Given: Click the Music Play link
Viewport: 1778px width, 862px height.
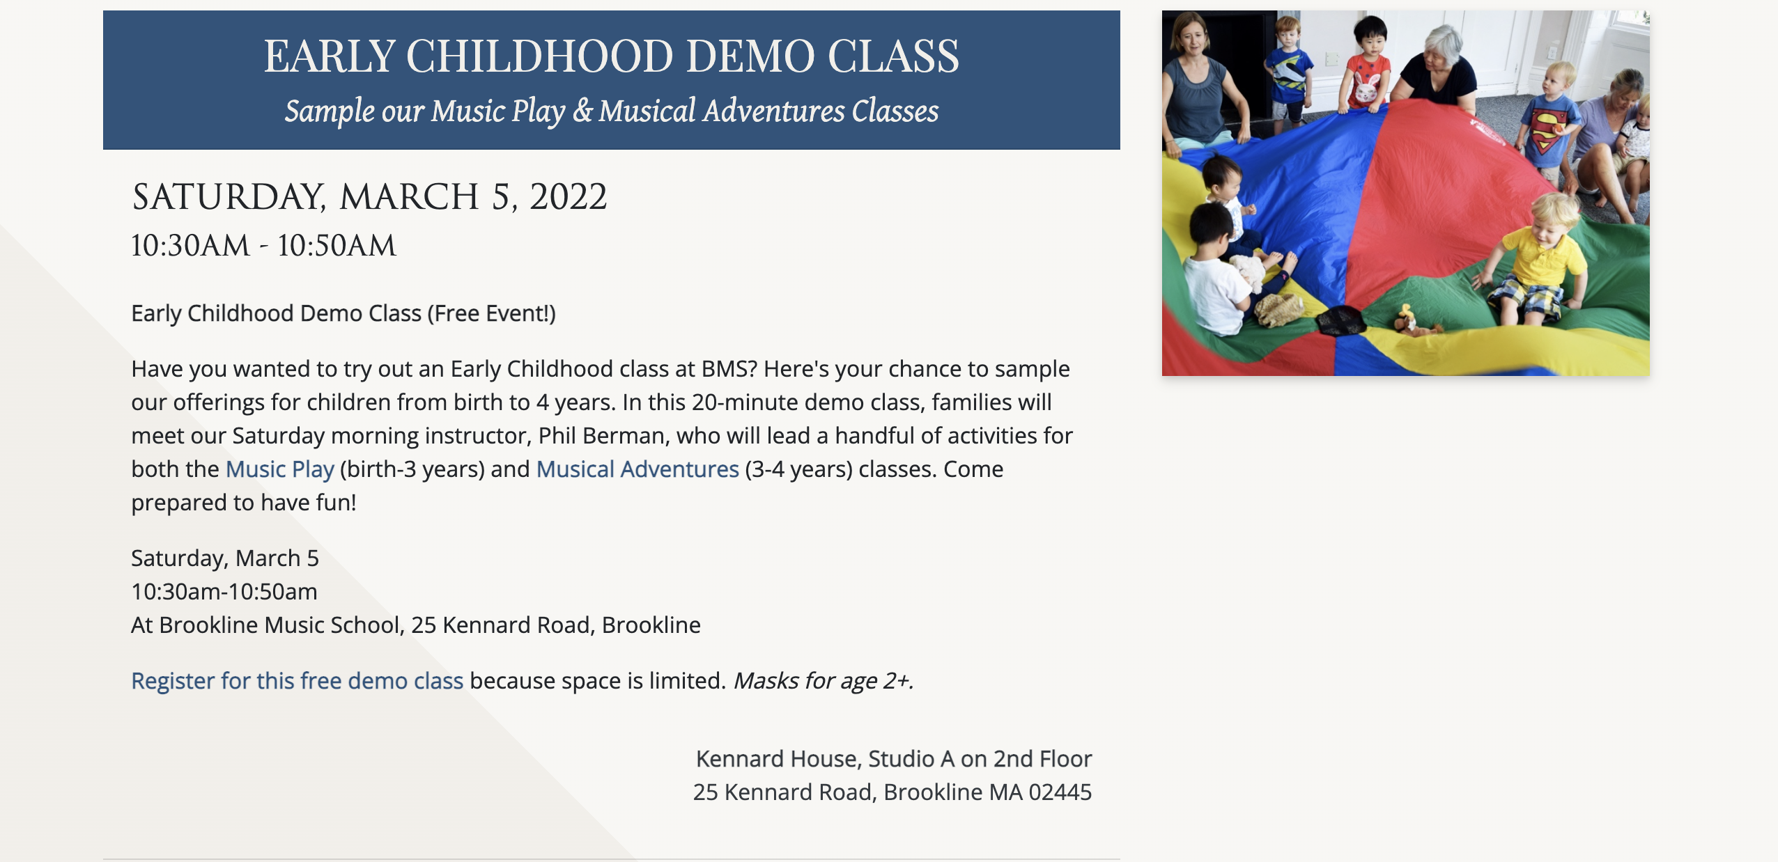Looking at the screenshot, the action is [x=280, y=469].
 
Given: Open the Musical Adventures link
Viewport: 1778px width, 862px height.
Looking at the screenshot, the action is [x=637, y=469].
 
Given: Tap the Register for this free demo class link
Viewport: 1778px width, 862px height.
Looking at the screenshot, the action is [x=297, y=681].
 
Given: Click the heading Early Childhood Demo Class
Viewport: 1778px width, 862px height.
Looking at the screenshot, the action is [x=611, y=56].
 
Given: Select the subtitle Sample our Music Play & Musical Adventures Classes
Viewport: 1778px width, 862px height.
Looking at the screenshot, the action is [x=611, y=111].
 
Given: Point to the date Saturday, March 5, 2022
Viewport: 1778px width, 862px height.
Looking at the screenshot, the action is [x=369, y=197].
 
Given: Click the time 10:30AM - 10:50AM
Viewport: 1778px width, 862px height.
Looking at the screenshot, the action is [x=263, y=246].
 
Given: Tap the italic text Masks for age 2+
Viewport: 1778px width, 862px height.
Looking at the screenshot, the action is [x=823, y=681].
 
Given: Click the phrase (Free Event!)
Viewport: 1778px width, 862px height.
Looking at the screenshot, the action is [x=492, y=313].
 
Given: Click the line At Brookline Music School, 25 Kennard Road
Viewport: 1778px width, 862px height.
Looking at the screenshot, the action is [x=360, y=625].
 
